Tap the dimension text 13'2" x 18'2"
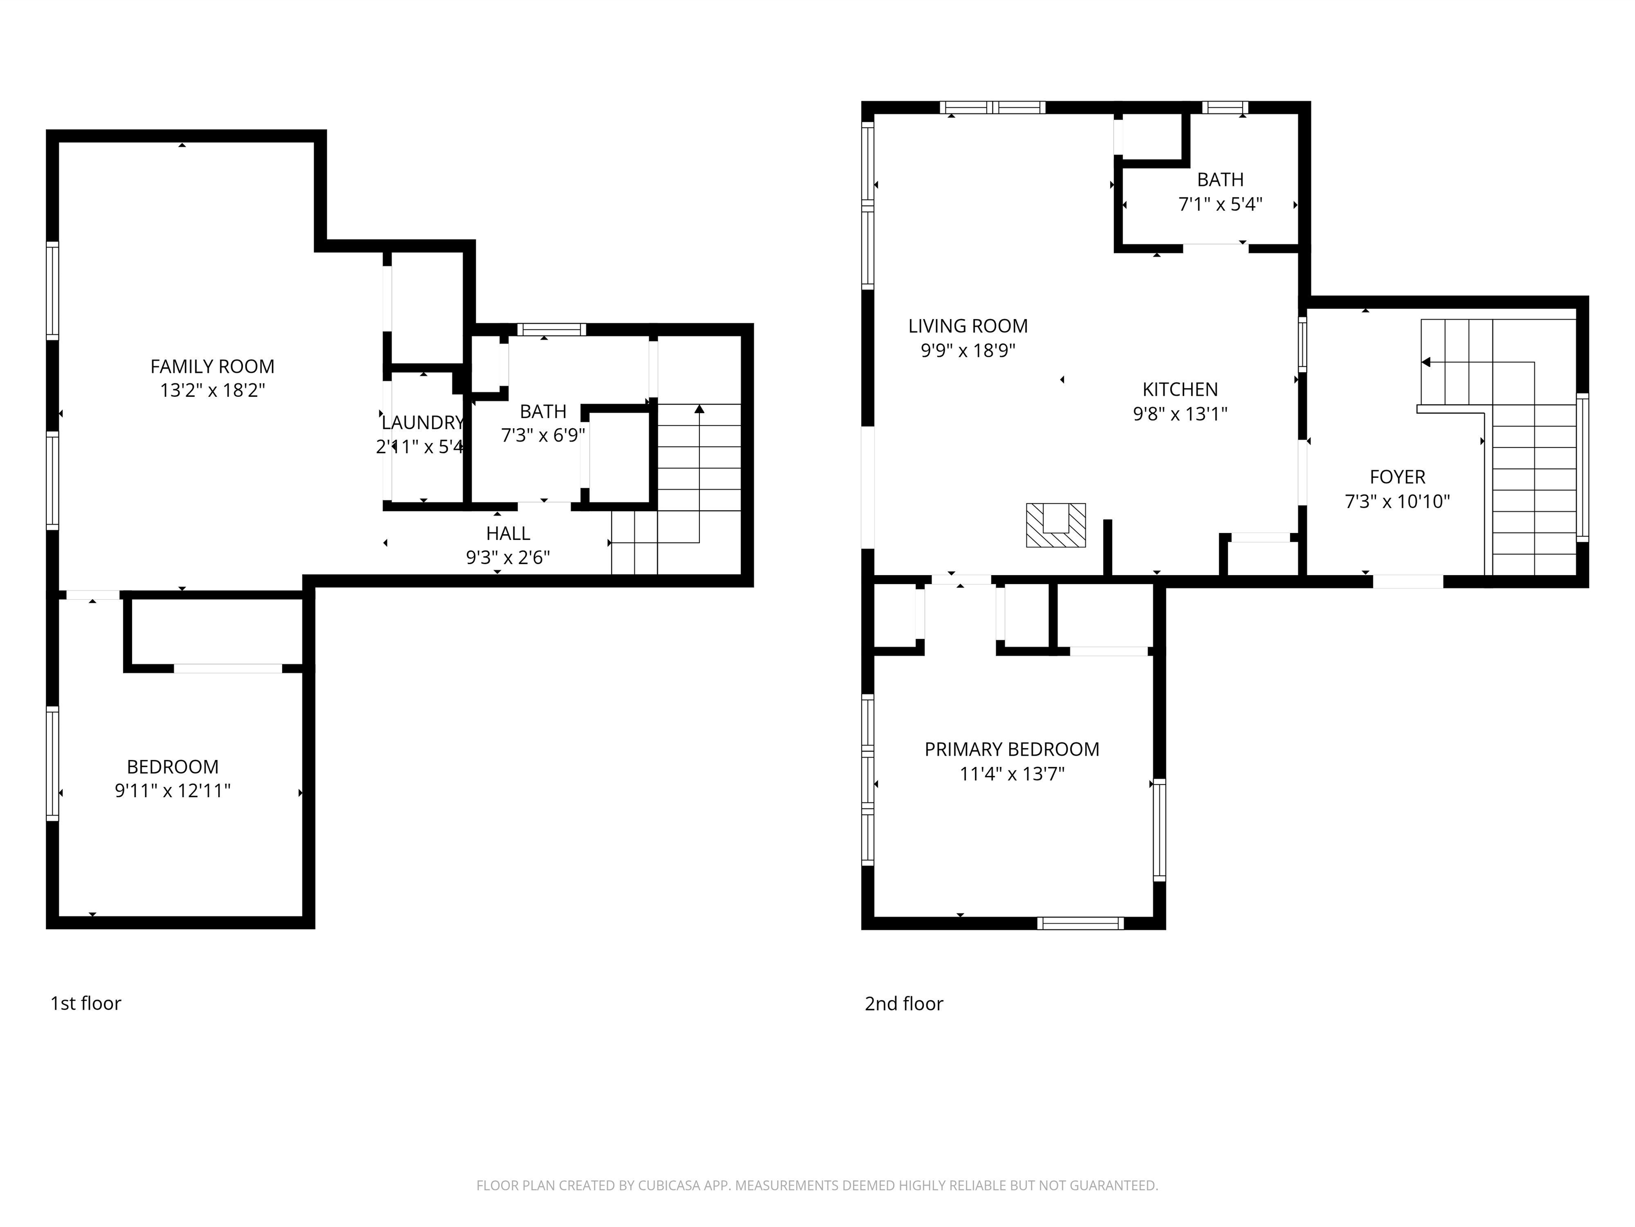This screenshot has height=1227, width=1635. (212, 390)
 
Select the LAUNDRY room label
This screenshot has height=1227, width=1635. (422, 422)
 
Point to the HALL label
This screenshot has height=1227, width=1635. (508, 533)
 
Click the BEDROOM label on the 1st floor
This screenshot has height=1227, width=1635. (172, 766)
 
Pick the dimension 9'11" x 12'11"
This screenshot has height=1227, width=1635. (172, 791)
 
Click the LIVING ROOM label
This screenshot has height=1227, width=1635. (968, 325)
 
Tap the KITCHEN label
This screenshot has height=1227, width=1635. (1180, 389)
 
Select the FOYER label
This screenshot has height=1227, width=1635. (1397, 477)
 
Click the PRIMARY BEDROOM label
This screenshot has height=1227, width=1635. (1012, 749)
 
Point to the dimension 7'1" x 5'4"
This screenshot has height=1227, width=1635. (1220, 204)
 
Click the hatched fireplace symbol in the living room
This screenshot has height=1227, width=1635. (1055, 525)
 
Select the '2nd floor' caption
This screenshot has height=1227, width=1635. (904, 1004)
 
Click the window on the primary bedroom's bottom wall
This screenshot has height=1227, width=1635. (1080, 923)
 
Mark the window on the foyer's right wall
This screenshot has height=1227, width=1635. (1582, 468)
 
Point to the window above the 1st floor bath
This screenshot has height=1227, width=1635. (551, 330)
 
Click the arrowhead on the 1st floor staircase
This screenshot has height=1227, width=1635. (699, 408)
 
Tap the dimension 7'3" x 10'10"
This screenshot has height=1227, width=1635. (1397, 502)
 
